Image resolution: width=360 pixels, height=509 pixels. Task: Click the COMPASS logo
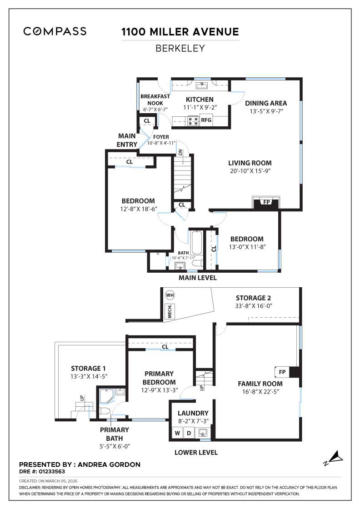click(x=55, y=31)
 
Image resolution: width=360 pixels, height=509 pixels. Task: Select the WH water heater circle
click(x=170, y=295)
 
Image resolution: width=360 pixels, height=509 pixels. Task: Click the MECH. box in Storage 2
click(x=170, y=311)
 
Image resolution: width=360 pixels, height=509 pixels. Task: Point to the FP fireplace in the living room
click(x=266, y=202)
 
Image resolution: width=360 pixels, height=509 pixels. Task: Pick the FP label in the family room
click(x=282, y=372)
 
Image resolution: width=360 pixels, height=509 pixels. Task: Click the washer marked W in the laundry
click(x=176, y=433)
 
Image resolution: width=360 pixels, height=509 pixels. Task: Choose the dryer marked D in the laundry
click(x=189, y=433)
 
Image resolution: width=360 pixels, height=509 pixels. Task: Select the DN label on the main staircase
click(x=180, y=152)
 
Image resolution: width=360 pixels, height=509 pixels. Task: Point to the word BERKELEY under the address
click(x=180, y=48)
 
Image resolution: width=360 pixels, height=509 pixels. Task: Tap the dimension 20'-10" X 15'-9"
click(x=250, y=171)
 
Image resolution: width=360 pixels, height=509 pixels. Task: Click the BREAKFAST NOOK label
click(x=155, y=100)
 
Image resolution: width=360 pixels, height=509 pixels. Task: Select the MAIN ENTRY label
click(x=127, y=140)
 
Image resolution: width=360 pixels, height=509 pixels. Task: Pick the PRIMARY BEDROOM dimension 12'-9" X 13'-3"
click(x=159, y=390)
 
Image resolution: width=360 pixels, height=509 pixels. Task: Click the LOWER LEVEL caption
click(x=196, y=452)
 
